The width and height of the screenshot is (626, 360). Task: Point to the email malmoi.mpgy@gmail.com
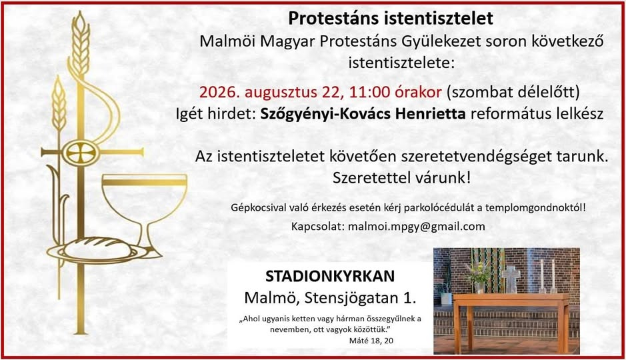pos(417,227)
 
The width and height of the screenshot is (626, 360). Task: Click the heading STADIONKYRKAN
pos(330,276)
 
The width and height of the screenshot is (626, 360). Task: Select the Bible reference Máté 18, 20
pos(371,341)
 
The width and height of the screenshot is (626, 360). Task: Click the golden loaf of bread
pos(98,247)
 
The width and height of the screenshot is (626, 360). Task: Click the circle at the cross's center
pos(81,152)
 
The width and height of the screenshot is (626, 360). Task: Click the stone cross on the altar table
pos(511,279)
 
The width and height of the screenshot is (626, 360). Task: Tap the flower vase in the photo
pos(480,287)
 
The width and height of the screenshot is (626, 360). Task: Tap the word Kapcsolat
pos(317,227)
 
